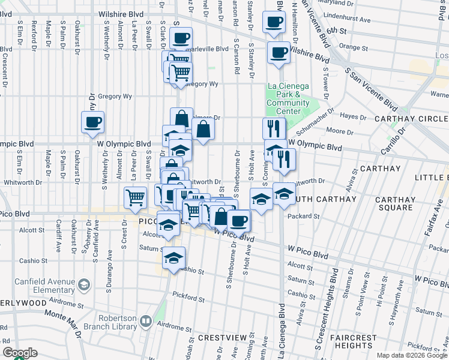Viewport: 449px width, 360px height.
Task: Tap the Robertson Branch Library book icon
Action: tap(145, 322)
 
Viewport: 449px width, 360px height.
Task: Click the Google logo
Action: tap(20, 353)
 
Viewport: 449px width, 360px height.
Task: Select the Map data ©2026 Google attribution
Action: tap(412, 355)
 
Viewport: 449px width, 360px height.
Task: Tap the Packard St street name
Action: tap(301, 216)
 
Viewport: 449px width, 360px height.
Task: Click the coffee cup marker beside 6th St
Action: tap(274, 22)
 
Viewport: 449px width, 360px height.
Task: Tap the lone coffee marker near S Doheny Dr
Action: tap(93, 122)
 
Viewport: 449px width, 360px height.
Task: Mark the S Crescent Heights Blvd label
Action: tap(325, 312)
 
